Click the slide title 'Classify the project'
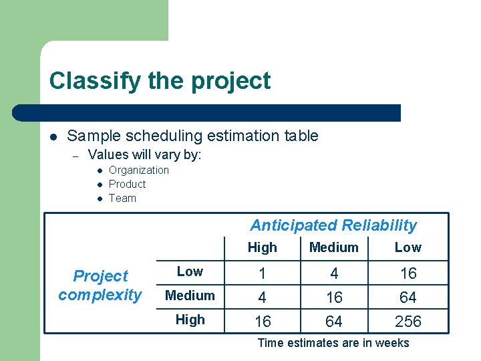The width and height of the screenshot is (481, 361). pos(160,81)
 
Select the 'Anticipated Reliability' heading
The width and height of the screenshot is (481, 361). pos(333,225)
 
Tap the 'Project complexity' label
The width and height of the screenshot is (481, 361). pos(100,285)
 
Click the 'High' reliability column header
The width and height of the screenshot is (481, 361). pos(262,247)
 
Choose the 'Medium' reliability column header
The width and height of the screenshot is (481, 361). pos(333,247)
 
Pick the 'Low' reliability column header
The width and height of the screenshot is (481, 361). pos(408,247)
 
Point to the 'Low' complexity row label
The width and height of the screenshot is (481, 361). pos(190,271)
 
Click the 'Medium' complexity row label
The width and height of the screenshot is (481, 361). pos(190,295)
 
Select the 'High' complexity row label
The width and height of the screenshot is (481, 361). pos(190,320)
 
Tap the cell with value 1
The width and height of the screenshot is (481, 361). pos(263,273)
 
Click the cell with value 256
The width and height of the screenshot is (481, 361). pos(408,322)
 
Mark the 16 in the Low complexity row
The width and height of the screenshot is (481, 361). pos(408,273)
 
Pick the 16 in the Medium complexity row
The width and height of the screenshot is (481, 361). pos(333,297)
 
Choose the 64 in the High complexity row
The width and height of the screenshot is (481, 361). pos(333,322)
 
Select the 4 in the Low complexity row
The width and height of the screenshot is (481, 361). pos(333,273)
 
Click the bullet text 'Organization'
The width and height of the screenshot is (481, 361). pos(139,170)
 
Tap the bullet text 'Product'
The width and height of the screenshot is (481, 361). pos(127,184)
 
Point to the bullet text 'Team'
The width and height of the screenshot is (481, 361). pos(122,198)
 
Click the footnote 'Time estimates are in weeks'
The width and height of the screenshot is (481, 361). pos(333,343)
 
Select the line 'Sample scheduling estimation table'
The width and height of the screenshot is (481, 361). pos(192,136)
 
